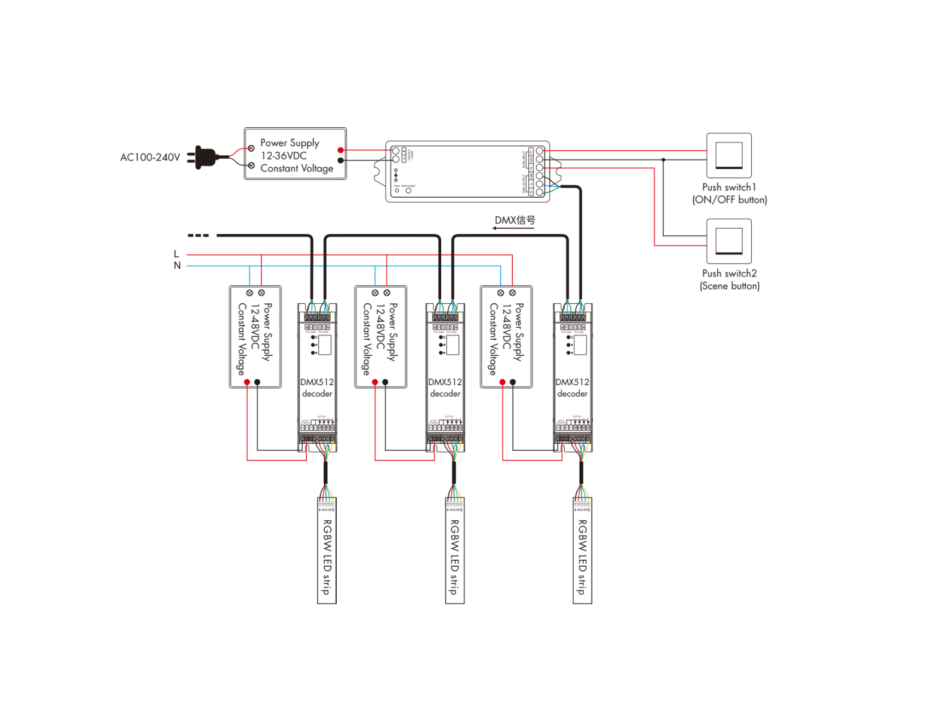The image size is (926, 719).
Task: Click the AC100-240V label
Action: click(150, 158)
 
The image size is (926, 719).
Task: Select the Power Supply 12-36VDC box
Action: click(295, 153)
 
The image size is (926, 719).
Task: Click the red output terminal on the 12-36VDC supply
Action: click(340, 150)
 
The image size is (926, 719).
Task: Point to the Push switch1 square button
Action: click(728, 155)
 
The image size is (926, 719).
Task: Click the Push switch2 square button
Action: click(728, 241)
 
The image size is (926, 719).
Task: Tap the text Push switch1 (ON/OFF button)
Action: click(729, 193)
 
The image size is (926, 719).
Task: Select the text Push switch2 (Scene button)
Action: click(729, 279)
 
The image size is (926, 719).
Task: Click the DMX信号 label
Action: click(515, 220)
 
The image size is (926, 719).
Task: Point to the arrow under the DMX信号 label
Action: click(512, 228)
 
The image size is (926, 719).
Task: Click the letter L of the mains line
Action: click(176, 254)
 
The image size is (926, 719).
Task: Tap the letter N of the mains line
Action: click(177, 266)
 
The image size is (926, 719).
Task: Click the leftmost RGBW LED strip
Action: click(327, 551)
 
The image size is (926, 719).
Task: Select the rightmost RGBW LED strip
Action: click(582, 551)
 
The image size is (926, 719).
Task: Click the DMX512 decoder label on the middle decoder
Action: click(445, 388)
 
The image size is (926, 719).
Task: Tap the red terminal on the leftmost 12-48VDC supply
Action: click(247, 382)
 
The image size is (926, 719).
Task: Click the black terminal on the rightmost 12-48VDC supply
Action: click(513, 382)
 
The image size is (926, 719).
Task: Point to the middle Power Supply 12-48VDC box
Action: click(380, 337)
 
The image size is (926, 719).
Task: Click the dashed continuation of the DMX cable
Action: click(198, 235)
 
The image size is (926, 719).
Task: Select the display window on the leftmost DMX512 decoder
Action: click(325, 345)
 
